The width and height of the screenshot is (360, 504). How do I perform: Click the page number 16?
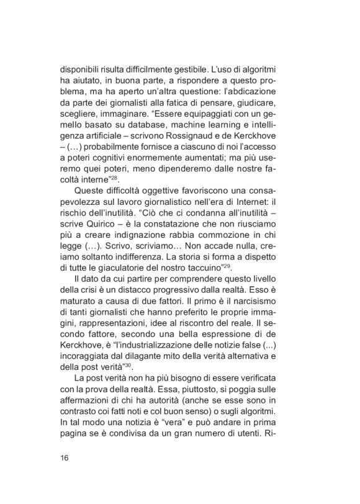point(65,458)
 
